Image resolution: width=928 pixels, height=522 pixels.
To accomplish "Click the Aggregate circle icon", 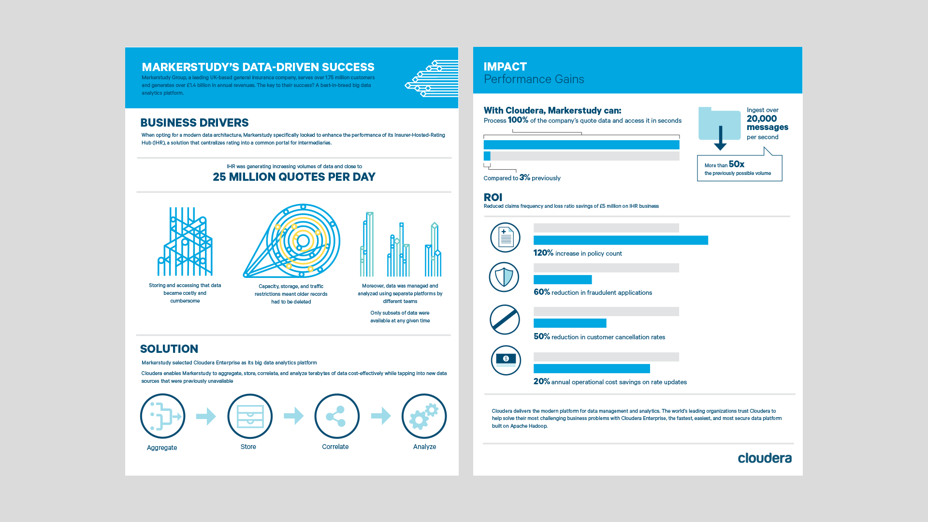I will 162,416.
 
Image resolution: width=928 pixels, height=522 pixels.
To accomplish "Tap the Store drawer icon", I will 250,416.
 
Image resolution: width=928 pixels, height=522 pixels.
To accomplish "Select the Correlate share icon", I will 337,416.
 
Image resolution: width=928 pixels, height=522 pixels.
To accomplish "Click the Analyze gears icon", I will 424,416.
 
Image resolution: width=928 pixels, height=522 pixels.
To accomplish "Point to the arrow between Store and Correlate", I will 293,416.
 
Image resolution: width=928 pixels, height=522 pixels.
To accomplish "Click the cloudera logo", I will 764,458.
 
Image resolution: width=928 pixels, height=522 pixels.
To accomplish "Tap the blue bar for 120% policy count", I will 621,240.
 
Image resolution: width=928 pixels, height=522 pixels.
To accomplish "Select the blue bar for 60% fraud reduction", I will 563,279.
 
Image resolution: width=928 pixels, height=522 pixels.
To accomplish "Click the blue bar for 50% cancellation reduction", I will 570,323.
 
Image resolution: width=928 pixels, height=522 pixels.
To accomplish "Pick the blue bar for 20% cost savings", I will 592,369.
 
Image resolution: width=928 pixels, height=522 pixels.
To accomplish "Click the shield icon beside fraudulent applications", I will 504,277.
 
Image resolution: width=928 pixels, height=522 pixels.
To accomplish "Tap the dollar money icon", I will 506,360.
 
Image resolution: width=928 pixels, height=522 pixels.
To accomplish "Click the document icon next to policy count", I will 505,237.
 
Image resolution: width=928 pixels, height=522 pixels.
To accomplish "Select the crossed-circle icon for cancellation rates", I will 505,319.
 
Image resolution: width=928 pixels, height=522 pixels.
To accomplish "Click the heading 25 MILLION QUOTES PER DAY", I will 294,177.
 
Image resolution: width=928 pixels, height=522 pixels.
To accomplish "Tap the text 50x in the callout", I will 737,164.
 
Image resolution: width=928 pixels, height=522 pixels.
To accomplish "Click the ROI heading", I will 493,197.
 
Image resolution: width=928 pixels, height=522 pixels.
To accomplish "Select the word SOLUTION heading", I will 169,349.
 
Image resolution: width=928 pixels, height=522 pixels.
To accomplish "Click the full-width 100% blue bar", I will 581,145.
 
